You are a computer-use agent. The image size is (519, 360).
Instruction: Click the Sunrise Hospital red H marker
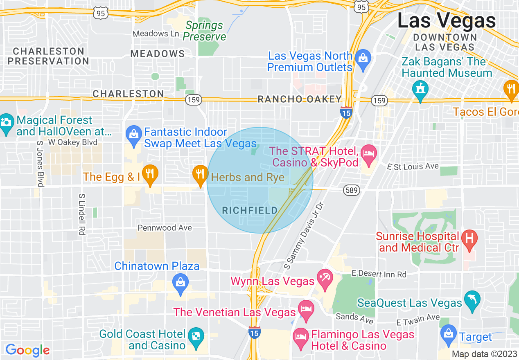coord(469,237)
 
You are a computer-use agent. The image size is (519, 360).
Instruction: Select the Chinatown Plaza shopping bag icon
coord(180,282)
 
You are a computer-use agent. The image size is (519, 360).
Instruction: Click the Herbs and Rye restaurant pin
coord(200,174)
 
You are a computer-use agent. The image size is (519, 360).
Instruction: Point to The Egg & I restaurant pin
coord(150,174)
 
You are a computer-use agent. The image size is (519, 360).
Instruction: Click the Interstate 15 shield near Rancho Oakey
coord(346,112)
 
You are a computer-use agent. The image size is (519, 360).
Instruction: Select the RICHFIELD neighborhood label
coord(250,210)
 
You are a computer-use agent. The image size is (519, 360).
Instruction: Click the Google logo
coord(27,350)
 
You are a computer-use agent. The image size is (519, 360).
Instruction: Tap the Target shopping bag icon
coord(449,333)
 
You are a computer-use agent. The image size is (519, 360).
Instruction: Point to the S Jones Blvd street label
coord(40,164)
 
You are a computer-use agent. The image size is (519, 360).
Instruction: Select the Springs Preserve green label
coord(204,31)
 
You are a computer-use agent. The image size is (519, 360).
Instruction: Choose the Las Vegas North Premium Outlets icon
coord(363,57)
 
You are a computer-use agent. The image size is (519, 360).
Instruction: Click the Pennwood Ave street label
coord(165,228)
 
